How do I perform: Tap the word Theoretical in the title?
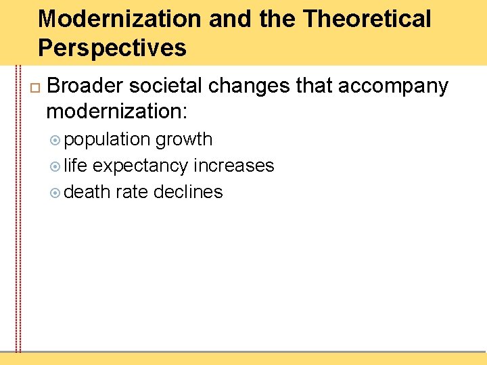point(367,19)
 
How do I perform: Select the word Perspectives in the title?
point(112,48)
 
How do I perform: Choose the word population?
point(108,140)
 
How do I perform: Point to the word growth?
point(184,140)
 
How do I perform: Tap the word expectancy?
point(141,166)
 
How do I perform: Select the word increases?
point(234,166)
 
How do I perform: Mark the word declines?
point(188,192)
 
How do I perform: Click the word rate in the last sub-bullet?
point(132,192)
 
